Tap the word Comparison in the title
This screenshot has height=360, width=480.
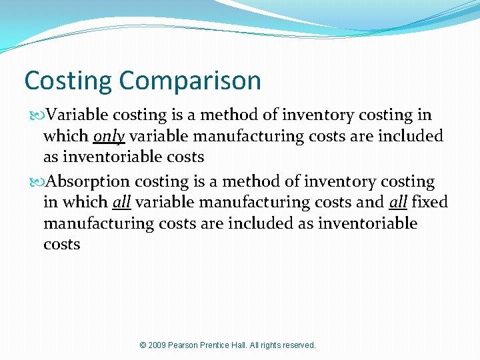191,81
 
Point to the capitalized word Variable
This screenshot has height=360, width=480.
75,115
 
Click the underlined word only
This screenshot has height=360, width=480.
109,137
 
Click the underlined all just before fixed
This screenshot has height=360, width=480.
398,202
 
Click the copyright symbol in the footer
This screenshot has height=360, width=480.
143,345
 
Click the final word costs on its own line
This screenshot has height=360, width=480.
62,244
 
